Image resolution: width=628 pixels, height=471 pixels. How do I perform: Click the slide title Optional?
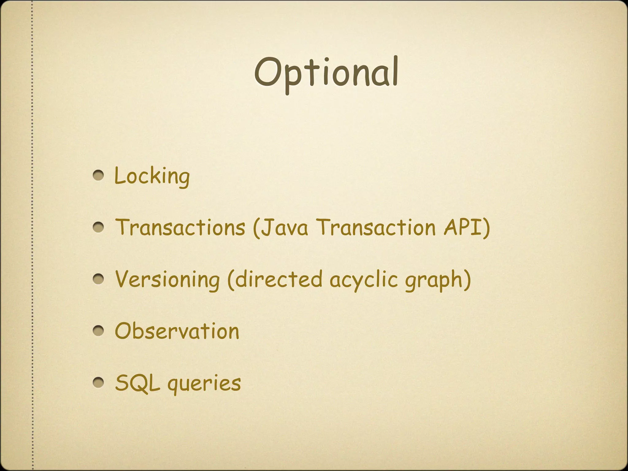[326, 74]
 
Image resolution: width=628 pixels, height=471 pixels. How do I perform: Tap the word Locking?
[152, 176]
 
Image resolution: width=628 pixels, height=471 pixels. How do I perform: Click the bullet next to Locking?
[98, 176]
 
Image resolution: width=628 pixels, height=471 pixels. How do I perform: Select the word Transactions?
[180, 227]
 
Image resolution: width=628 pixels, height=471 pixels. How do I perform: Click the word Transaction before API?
[376, 227]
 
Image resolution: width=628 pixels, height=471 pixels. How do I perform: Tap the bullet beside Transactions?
[98, 228]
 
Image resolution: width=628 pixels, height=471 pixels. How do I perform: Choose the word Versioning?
[167, 279]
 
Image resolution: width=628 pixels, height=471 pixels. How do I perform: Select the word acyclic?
[363, 280]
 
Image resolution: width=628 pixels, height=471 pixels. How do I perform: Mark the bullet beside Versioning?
[98, 279]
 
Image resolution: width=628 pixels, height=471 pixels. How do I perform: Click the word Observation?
[177, 331]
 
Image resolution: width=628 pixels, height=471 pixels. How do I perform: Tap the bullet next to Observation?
[98, 331]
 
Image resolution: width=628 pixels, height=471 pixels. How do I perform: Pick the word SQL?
[137, 383]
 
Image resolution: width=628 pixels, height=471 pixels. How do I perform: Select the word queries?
[204, 384]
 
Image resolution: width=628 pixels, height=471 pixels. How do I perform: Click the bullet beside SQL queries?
[98, 382]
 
